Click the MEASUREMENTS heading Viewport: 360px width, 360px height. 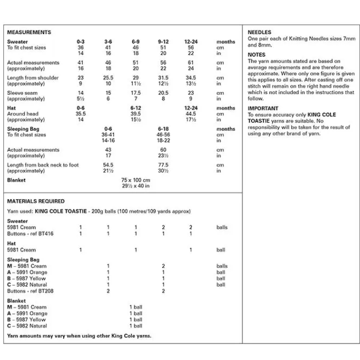click(x=29, y=32)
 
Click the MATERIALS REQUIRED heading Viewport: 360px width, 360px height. click(x=35, y=201)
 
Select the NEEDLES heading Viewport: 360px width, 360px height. click(x=259, y=32)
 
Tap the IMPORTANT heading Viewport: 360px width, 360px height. click(x=263, y=108)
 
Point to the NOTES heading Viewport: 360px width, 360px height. click(x=257, y=55)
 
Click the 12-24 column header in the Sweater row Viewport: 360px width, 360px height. click(x=191, y=42)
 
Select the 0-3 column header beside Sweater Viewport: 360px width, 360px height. click(x=81, y=42)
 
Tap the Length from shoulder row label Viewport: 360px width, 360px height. click(x=32, y=78)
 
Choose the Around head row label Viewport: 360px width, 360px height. click(x=23, y=114)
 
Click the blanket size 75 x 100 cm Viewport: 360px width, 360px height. click(x=136, y=180)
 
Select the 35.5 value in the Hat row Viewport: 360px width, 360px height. click(x=81, y=114)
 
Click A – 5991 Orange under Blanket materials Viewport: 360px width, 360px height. click(x=27, y=313)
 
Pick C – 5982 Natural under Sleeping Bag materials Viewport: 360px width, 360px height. click(x=27, y=284)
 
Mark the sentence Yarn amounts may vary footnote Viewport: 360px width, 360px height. click(x=79, y=336)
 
